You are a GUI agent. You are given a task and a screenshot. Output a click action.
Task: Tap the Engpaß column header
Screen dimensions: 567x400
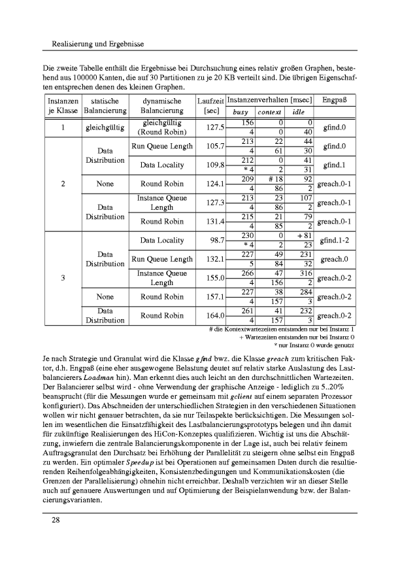(335, 101)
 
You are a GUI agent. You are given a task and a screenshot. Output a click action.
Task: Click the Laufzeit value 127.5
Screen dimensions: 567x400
(211, 128)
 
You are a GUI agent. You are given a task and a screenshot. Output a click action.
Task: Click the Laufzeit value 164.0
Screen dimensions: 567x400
(211, 315)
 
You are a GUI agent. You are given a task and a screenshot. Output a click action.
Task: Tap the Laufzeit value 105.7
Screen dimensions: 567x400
(211, 146)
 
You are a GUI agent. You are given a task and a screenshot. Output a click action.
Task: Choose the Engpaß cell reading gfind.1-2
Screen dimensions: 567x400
(335, 241)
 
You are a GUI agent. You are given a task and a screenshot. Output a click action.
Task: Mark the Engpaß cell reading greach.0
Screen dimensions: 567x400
(335, 259)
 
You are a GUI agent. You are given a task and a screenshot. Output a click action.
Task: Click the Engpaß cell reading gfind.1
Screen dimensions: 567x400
(335, 165)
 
